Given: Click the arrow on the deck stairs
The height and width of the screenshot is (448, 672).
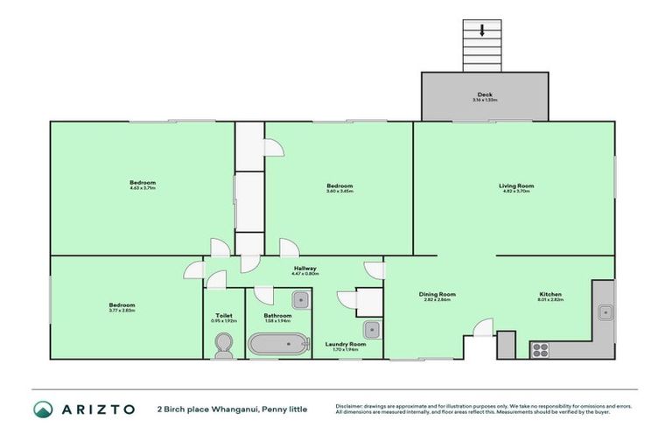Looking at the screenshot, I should [482, 31].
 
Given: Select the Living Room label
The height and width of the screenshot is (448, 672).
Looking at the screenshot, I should [516, 185].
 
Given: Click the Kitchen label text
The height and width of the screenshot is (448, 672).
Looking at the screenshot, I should [550, 294].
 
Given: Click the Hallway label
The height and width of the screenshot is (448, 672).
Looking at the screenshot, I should [304, 269].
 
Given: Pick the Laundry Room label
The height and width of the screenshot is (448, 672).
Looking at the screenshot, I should [345, 344].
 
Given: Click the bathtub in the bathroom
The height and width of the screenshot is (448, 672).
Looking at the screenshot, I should [277, 344].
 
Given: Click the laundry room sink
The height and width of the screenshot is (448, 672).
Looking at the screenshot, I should [371, 330].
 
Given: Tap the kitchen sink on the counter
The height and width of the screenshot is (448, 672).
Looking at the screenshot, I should [604, 311].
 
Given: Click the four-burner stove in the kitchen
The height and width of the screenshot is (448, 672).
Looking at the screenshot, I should [540, 349].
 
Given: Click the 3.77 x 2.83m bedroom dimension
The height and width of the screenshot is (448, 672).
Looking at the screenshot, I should [121, 311].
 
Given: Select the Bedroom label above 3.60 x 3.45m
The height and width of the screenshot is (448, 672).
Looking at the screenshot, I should [339, 185].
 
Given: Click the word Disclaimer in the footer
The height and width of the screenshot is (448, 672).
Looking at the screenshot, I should [351, 405].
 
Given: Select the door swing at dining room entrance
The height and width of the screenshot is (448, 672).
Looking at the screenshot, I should [482, 328].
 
